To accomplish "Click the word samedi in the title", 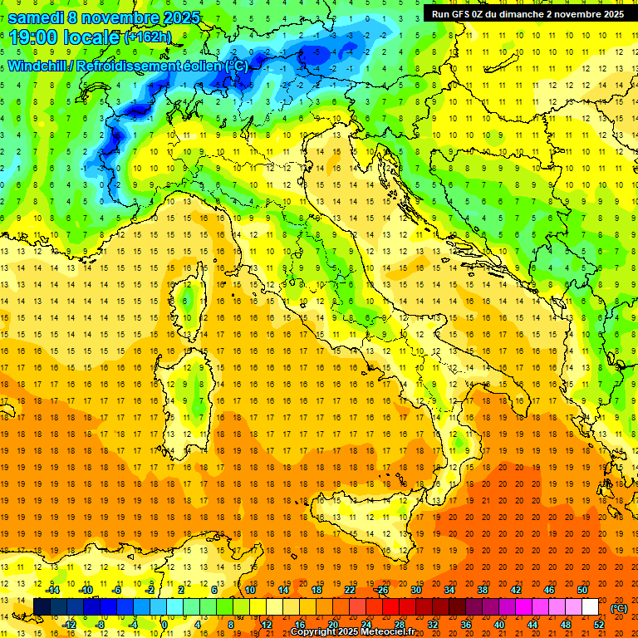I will pyautogui.click(x=37, y=17).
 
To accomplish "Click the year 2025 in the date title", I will pyautogui.click(x=177, y=17).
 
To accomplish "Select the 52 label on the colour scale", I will pyautogui.click(x=598, y=624).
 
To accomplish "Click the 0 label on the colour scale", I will pyautogui.click(x=164, y=624).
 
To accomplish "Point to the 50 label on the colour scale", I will pyautogui.click(x=582, y=590).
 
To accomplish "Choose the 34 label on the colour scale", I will pyautogui.click(x=449, y=590).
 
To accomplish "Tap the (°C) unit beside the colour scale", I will pyautogui.click(x=618, y=607).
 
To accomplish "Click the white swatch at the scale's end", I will pyautogui.click(x=590, y=607).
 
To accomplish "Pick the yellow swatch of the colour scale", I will pyautogui.click(x=273, y=607).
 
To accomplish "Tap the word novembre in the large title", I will pyautogui.click(x=121, y=17).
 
